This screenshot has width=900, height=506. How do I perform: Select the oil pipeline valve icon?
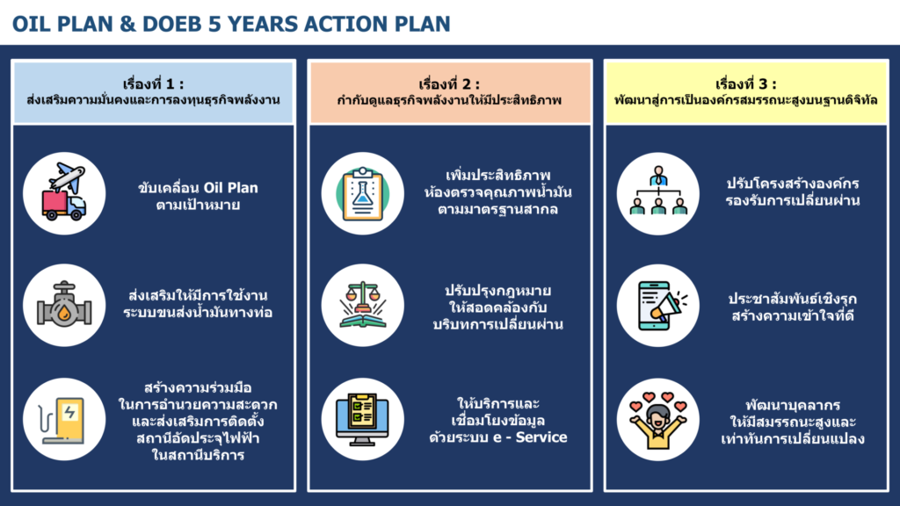pyautogui.click(x=64, y=305)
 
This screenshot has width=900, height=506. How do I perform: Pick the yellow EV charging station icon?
pyautogui.click(x=62, y=420)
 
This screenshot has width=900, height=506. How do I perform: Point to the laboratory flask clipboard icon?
pyautogui.click(x=363, y=194)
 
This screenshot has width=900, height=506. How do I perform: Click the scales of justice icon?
pyautogui.click(x=363, y=305)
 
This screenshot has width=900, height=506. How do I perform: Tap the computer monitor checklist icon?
pyautogui.click(x=363, y=419)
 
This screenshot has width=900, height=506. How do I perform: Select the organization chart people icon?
pyautogui.click(x=658, y=191)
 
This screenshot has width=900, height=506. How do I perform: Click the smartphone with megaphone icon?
pyautogui.click(x=660, y=305)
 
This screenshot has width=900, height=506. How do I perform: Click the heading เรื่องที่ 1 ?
pyautogui.click(x=153, y=84)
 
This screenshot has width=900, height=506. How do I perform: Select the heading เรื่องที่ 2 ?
pyautogui.click(x=449, y=84)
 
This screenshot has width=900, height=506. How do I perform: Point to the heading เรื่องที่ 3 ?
pyautogui.click(x=745, y=84)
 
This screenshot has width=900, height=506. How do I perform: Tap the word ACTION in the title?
pyautogui.click(x=345, y=24)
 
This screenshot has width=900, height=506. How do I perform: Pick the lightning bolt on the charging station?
pyautogui.click(x=70, y=413)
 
